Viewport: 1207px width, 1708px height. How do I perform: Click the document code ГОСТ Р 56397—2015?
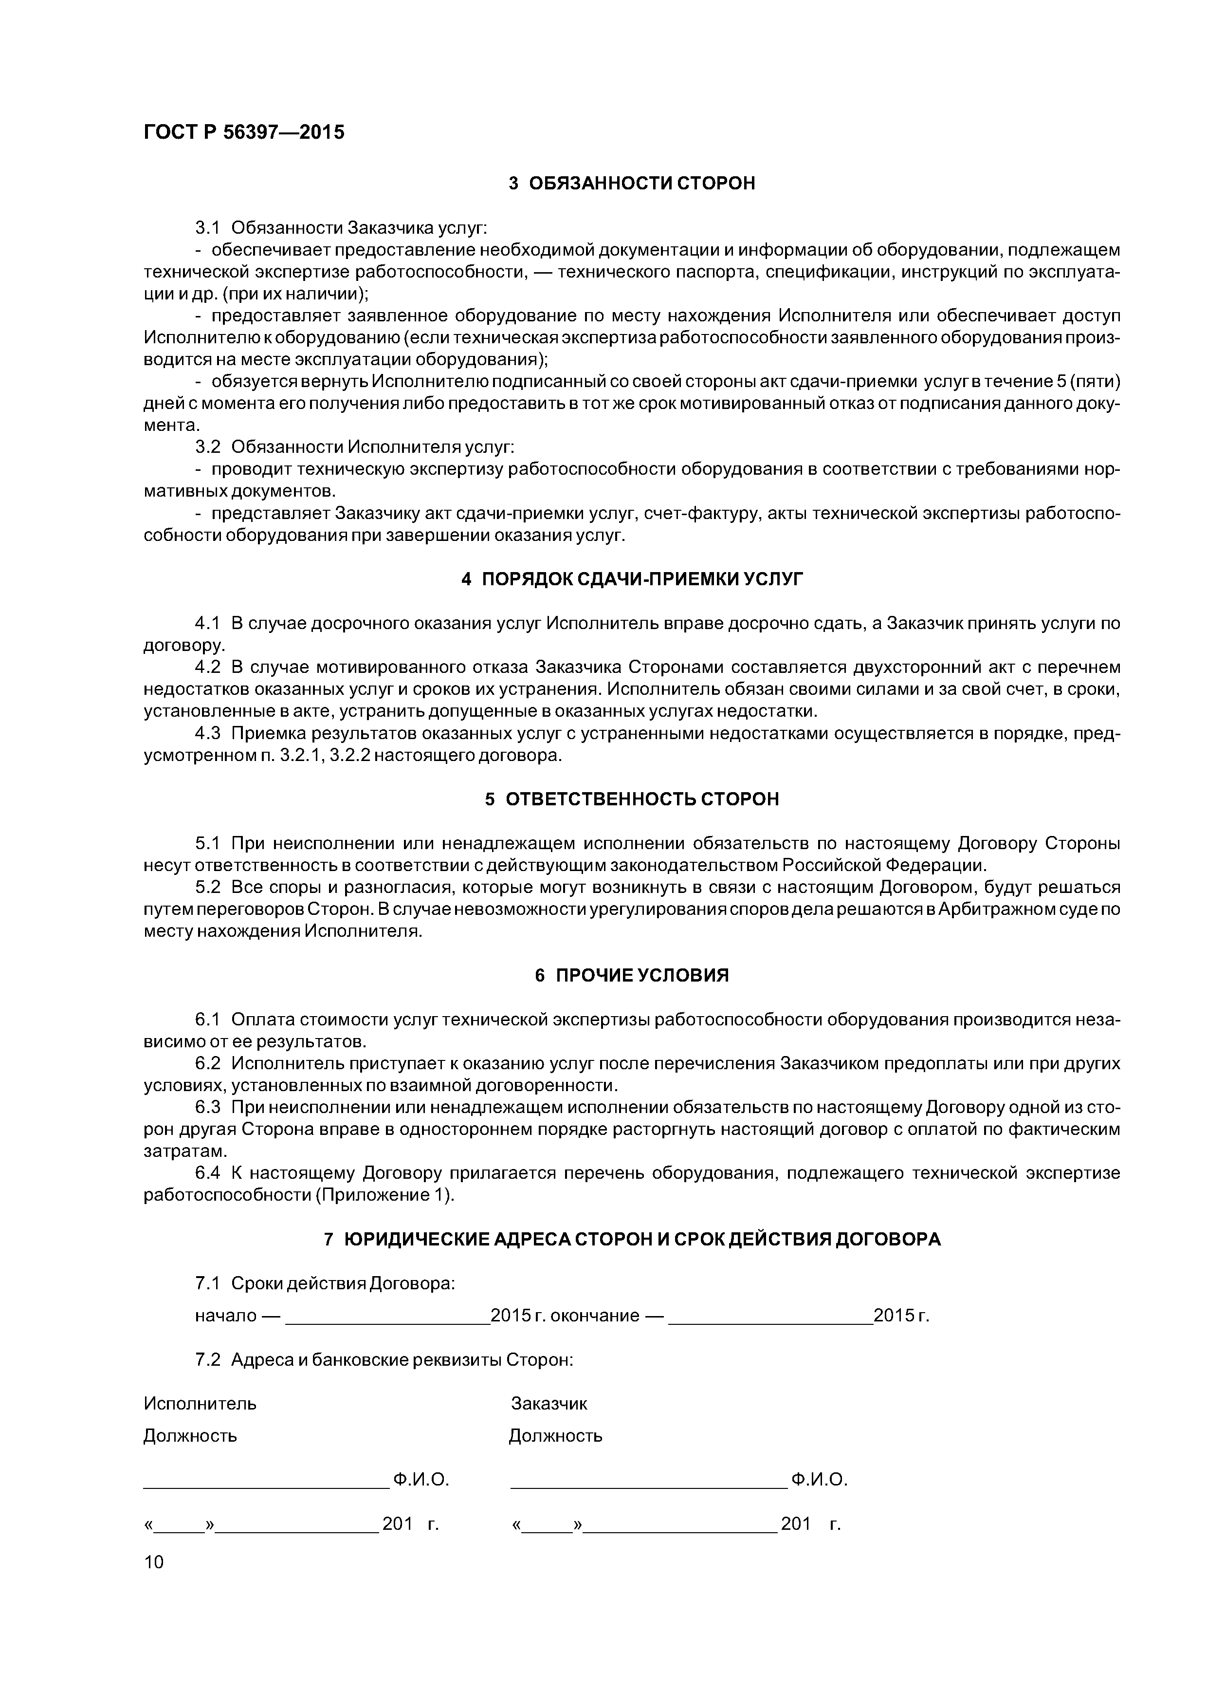(244, 132)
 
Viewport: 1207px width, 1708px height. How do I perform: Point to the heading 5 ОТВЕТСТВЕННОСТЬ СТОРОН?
(632, 799)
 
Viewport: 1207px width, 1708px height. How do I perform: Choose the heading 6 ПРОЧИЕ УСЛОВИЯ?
(632, 975)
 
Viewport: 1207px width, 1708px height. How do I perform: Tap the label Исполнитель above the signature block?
(200, 1404)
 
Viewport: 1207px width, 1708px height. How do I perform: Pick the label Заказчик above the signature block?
(549, 1404)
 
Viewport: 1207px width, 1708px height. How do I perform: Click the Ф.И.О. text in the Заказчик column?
(820, 1480)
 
